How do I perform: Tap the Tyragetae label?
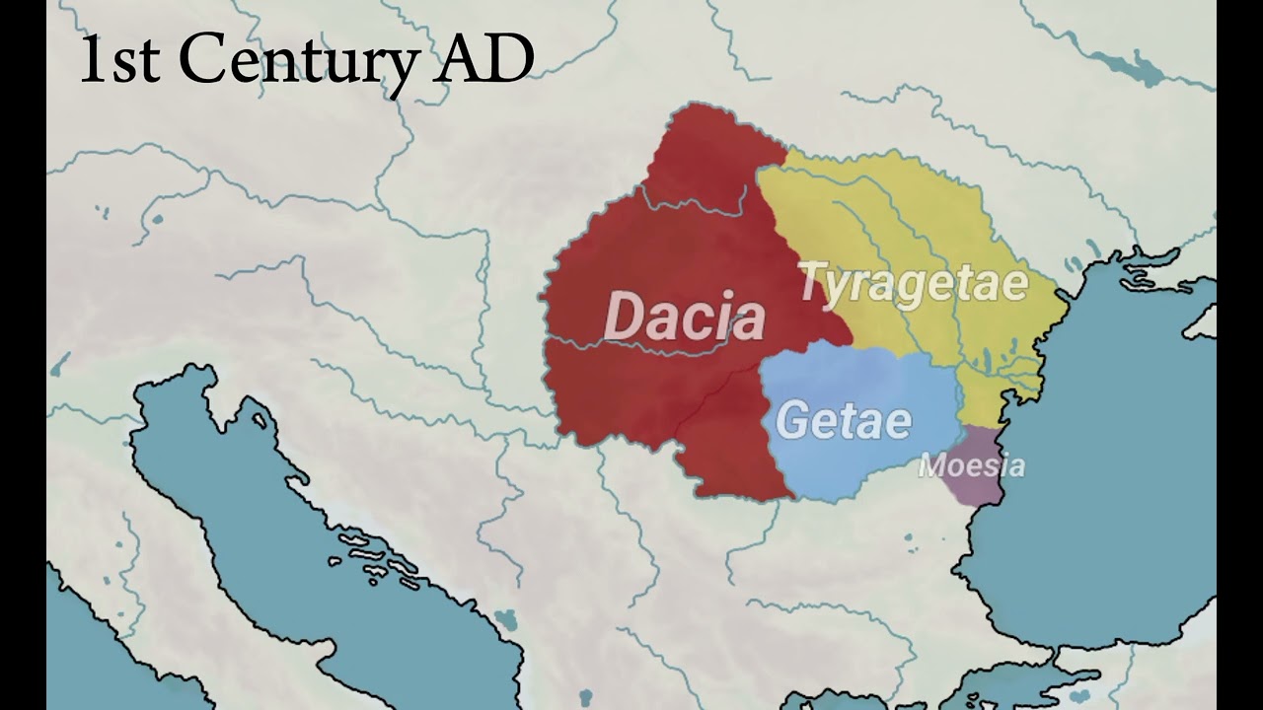click(x=913, y=284)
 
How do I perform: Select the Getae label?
click(x=844, y=421)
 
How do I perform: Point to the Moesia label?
click(x=971, y=465)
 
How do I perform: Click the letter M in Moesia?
click(x=929, y=465)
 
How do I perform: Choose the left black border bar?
click(x=23, y=355)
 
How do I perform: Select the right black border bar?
click(x=1239, y=355)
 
